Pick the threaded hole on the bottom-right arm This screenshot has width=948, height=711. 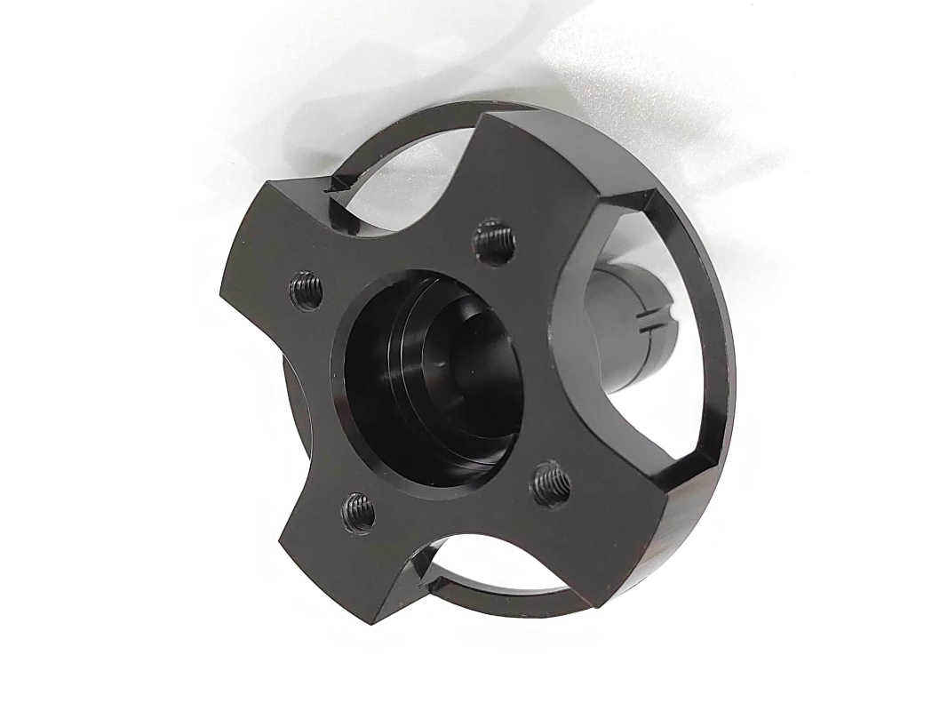(552, 484)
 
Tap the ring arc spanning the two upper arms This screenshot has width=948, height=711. (400, 133)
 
